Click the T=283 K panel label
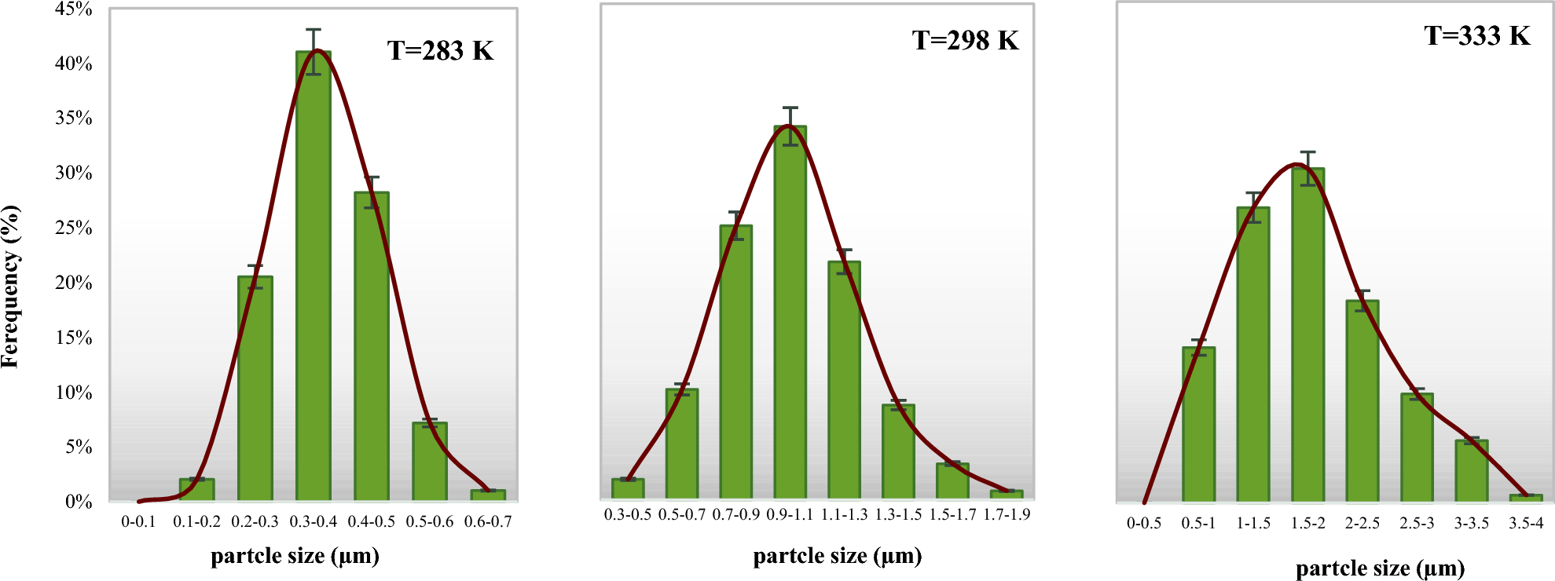click(440, 51)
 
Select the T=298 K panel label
click(965, 40)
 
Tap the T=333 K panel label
click(1477, 35)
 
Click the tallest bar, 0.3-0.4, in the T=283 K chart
click(314, 275)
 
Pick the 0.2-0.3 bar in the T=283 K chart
click(255, 389)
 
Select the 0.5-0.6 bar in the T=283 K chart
click(430, 462)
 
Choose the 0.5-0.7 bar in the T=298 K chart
click(682, 444)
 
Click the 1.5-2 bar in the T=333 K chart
click(1307, 334)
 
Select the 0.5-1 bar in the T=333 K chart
click(1198, 424)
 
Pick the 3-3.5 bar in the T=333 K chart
click(1471, 470)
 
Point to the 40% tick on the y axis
click(74, 64)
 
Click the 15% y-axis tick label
click(74, 338)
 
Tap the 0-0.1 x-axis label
click(138, 521)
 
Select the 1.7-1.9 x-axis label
click(1007, 514)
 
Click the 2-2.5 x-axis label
click(1362, 523)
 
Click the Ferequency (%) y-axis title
click(11, 287)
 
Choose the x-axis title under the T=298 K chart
click(837, 556)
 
